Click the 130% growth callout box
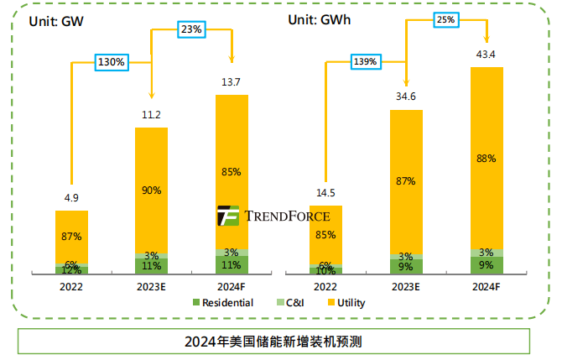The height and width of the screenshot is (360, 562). click(x=111, y=61)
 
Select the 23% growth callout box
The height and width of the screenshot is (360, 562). click(x=192, y=29)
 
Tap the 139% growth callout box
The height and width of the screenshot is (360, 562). click(x=365, y=61)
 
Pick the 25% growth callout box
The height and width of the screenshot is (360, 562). click(x=446, y=18)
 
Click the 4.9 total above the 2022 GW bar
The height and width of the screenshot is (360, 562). click(x=71, y=198)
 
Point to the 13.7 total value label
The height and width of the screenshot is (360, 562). click(x=232, y=82)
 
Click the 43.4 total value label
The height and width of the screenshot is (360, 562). click(x=487, y=55)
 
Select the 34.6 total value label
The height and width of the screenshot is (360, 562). click(x=406, y=97)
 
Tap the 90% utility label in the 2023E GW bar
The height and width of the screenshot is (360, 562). click(x=151, y=190)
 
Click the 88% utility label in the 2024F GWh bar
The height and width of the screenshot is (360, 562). click(x=487, y=158)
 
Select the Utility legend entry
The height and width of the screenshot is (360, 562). click(x=345, y=303)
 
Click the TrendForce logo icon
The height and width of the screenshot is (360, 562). click(x=228, y=216)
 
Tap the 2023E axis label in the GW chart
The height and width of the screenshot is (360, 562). click(x=152, y=286)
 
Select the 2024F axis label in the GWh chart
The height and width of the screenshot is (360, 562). click(x=487, y=286)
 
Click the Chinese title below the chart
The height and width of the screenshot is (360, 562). click(x=273, y=342)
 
